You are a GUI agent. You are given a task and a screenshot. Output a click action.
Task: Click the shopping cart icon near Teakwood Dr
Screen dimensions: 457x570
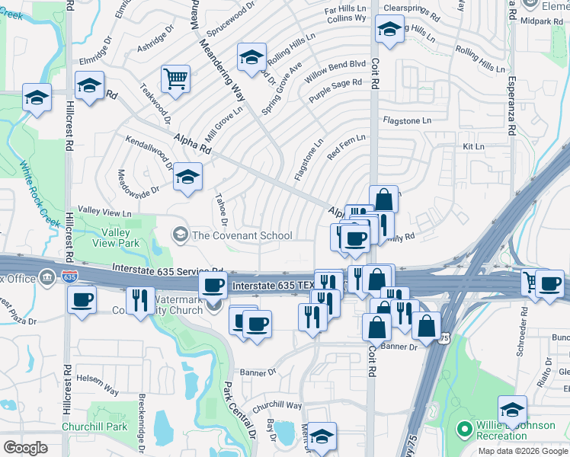click(x=175, y=78)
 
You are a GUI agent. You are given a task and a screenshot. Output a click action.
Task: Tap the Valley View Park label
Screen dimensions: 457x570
click(x=117, y=238)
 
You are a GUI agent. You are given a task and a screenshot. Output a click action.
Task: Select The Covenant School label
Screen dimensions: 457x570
click(x=242, y=235)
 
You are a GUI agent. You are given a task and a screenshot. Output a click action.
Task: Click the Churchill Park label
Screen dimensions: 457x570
click(x=94, y=427)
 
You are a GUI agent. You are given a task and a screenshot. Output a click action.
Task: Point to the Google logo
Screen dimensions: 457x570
click(x=25, y=448)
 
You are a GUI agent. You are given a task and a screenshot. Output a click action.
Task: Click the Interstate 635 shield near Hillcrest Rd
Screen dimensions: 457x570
click(x=69, y=276)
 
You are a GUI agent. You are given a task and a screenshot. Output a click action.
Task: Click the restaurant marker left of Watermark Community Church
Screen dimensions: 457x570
click(x=140, y=300)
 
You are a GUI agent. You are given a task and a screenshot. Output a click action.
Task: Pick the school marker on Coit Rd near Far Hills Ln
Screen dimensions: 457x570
click(x=389, y=30)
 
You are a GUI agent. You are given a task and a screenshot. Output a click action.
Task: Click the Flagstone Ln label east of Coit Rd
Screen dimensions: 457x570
click(x=407, y=120)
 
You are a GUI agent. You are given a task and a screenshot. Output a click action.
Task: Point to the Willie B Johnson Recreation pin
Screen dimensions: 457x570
click(x=464, y=430)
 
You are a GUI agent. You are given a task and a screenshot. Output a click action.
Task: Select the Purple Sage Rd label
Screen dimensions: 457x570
click(x=335, y=91)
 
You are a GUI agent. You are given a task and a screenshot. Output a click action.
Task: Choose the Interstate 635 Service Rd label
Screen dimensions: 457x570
click(x=168, y=269)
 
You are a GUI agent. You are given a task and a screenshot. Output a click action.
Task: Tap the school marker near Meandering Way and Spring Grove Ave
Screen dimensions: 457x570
click(x=251, y=56)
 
